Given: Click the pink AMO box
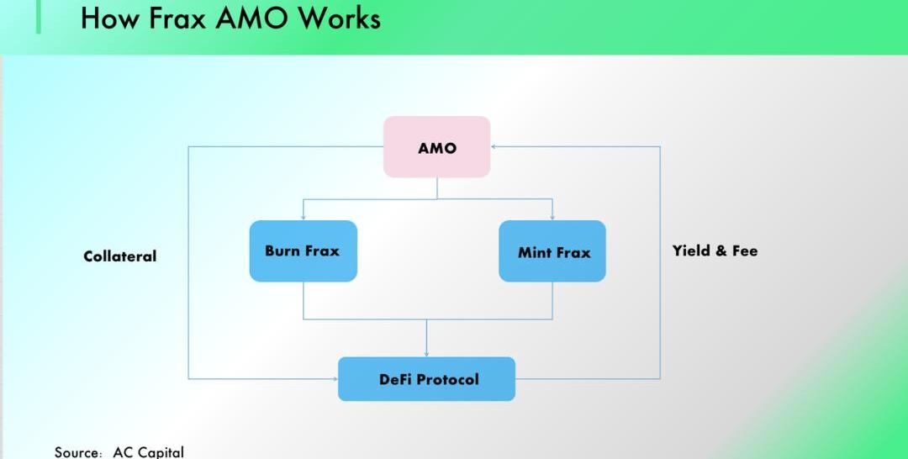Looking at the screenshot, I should point(436,147).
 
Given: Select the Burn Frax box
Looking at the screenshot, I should point(303,251).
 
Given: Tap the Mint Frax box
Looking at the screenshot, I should point(552,251).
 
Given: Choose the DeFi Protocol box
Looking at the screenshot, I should point(426,379).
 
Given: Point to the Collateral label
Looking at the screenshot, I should point(119,256).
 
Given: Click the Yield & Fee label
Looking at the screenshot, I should point(715,251).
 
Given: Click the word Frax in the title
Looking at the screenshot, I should point(178,18).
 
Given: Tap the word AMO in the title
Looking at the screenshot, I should point(252,18).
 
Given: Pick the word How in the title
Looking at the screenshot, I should point(109,18).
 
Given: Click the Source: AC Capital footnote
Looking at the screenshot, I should point(119,451).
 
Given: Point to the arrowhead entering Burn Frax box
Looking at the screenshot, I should point(304,217).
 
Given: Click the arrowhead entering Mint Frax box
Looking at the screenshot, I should point(552,217).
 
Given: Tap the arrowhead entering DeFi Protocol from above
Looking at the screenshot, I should point(426,353).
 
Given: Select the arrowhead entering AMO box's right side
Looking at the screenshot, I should point(494,146).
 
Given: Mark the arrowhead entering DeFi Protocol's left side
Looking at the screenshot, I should point(334,379).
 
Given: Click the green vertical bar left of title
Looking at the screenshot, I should point(39,17).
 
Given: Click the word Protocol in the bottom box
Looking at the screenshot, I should point(447,379).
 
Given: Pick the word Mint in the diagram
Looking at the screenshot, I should point(535,252).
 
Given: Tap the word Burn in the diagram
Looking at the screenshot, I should point(282,251).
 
